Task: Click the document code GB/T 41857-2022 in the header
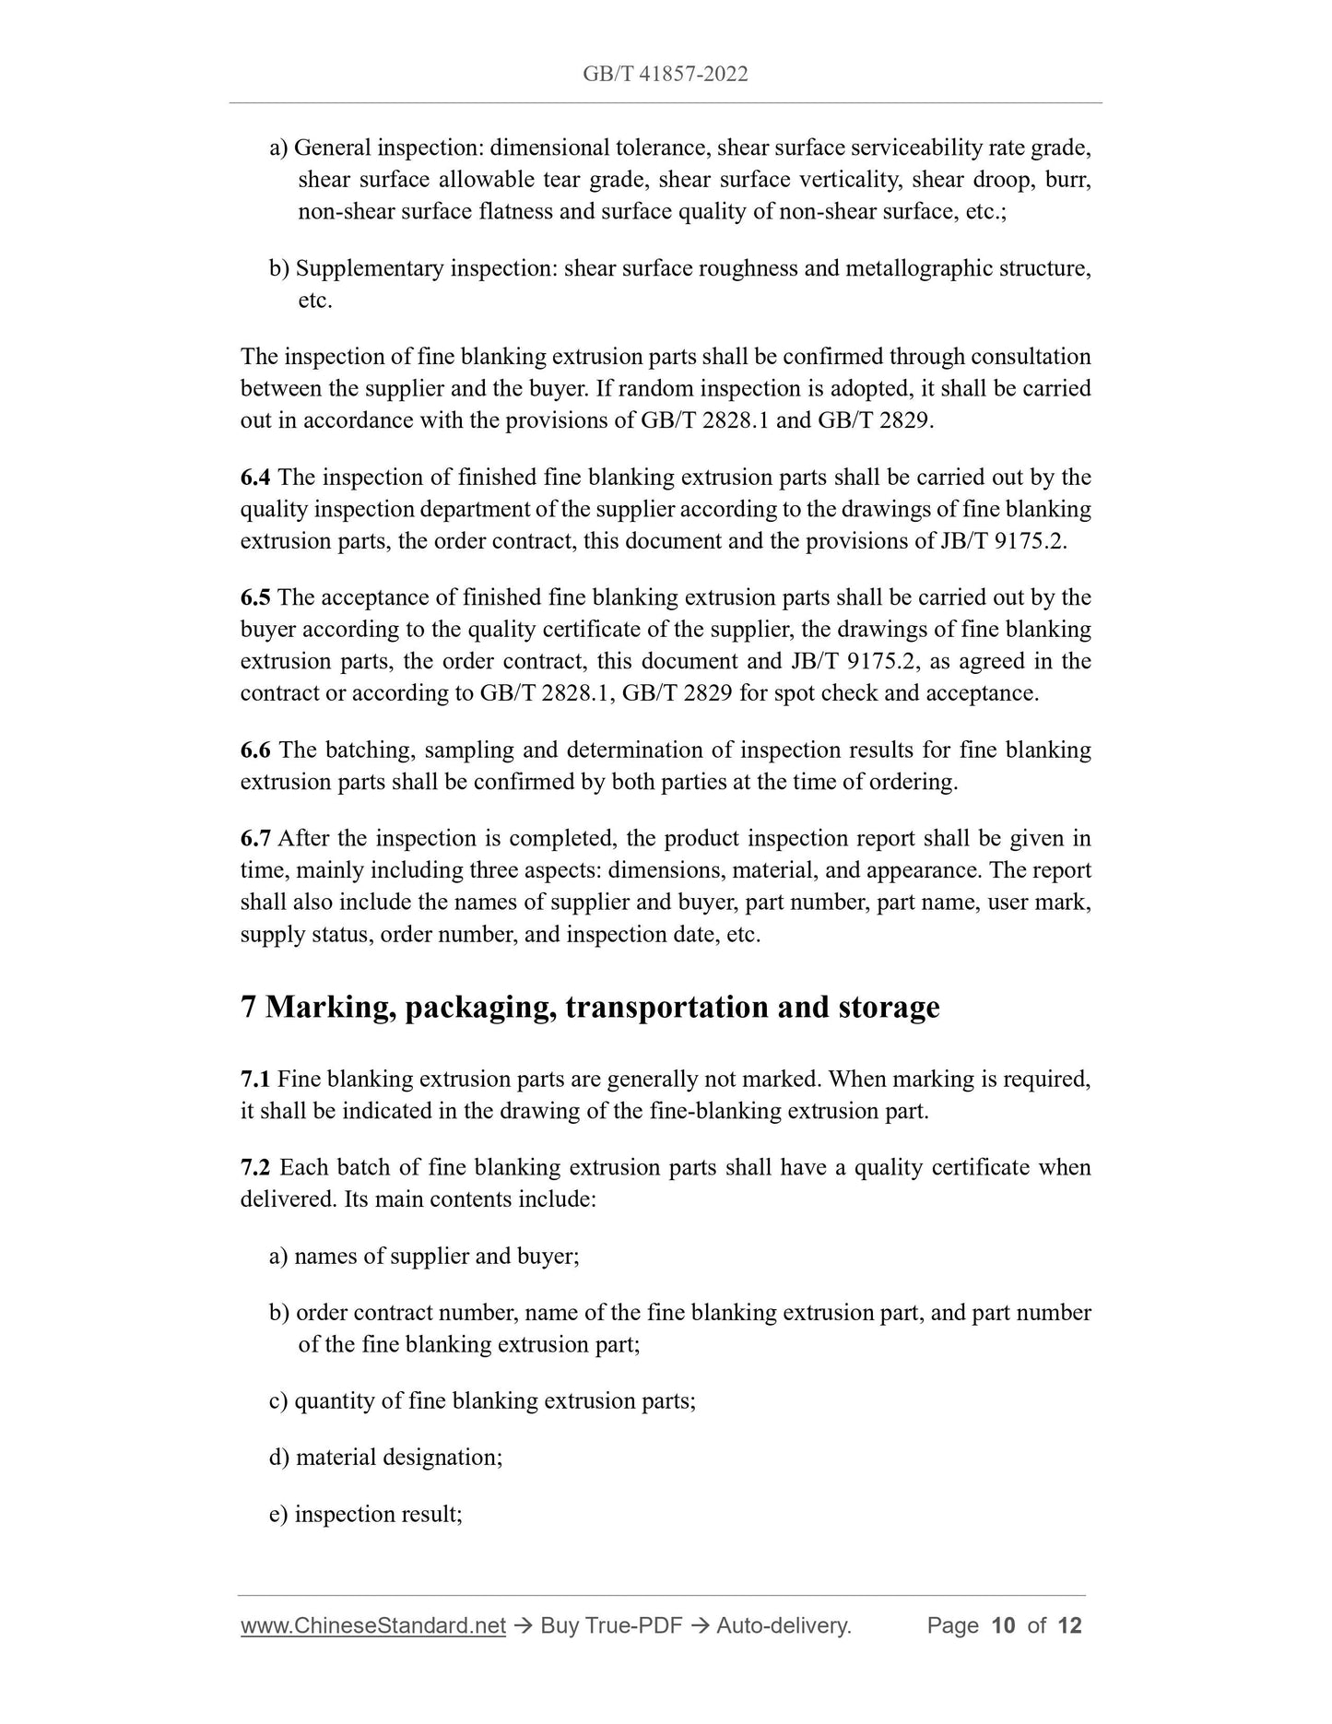coord(665,75)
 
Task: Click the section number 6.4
coord(255,478)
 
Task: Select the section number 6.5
coord(255,597)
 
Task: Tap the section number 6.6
coord(255,750)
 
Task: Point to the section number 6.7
coord(255,839)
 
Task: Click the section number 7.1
coord(255,1079)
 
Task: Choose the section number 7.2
coord(255,1167)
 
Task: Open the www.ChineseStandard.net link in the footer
coord(373,1625)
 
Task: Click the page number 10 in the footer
coord(1003,1625)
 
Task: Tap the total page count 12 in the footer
coord(1069,1625)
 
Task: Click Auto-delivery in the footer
coord(783,1625)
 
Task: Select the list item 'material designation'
coord(398,1457)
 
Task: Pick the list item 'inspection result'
coord(378,1514)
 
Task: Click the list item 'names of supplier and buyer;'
coord(436,1256)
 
